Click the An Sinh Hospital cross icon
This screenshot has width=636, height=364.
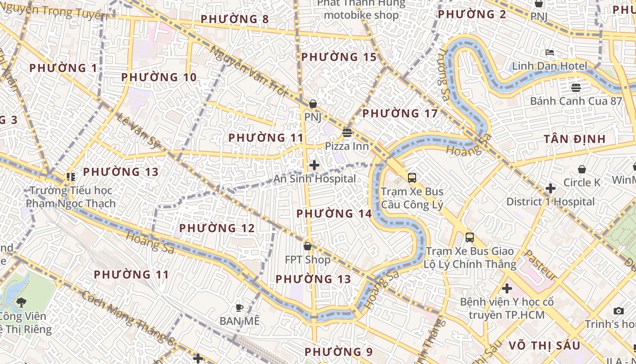pyautogui.click(x=314, y=165)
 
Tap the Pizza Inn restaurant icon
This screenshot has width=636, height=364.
pyautogui.click(x=347, y=133)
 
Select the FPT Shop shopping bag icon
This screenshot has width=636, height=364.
pyautogui.click(x=308, y=247)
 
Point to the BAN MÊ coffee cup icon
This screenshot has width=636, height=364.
pyautogui.click(x=239, y=308)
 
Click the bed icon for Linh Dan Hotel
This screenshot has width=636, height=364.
pyautogui.click(x=550, y=52)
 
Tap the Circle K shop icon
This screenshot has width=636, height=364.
pyautogui.click(x=582, y=170)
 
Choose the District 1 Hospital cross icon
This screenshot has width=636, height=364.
pyautogui.click(x=551, y=188)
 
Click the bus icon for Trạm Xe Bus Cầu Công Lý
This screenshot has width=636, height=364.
pyautogui.click(x=412, y=178)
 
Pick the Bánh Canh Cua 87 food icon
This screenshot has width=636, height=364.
pyautogui.click(x=576, y=87)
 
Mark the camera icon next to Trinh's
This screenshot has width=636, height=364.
pyautogui.click(x=618, y=311)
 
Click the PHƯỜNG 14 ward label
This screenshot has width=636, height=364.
pyautogui.click(x=334, y=213)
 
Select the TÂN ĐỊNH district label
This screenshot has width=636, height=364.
pyautogui.click(x=575, y=139)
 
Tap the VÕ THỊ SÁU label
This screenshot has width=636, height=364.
pyautogui.click(x=545, y=345)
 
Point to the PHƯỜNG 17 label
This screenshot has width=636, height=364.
pyautogui.click(x=400, y=113)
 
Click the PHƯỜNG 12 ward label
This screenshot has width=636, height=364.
pyautogui.click(x=217, y=228)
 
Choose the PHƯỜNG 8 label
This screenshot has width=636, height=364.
pyautogui.click(x=234, y=19)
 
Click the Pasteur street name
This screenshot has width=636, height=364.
pyautogui.click(x=541, y=265)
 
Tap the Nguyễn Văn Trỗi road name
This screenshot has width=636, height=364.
pyautogui.click(x=248, y=71)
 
